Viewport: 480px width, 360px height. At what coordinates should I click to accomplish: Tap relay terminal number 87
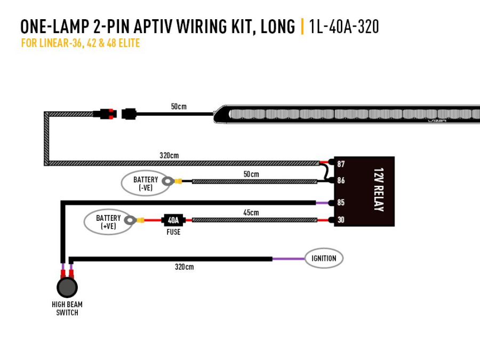pos(341,163)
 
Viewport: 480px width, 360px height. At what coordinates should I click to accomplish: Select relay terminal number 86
pos(341,181)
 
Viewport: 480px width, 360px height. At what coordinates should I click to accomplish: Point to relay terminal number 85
pos(341,203)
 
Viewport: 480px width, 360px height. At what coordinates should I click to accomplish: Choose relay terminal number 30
pos(341,220)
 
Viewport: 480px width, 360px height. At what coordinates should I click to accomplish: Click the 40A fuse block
pos(173,220)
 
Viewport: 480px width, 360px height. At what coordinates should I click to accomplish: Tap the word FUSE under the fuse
pos(173,233)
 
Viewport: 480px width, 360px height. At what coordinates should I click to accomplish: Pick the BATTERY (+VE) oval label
pos(108,222)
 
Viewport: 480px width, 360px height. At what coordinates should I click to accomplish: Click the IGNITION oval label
pos(324,259)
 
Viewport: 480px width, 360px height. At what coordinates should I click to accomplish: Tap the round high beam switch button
pos(67,287)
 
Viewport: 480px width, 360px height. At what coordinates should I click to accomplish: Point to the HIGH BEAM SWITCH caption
pos(67,308)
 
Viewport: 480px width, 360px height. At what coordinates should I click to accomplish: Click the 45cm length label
pos(251,213)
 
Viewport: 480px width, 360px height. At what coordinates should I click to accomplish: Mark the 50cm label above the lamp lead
pos(179,107)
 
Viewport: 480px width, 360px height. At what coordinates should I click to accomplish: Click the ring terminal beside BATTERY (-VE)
pos(167,181)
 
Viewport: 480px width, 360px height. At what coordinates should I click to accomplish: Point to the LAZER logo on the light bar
pos(437,121)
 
